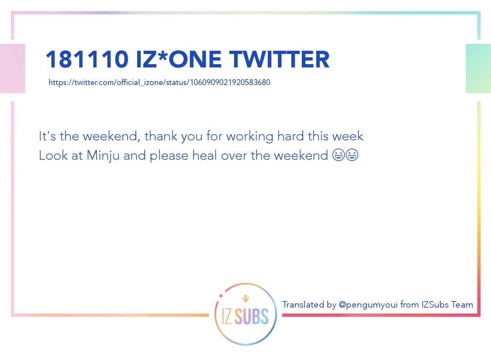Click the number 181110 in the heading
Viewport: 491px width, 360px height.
pyautogui.click(x=87, y=59)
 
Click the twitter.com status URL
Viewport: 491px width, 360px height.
pyautogui.click(x=159, y=82)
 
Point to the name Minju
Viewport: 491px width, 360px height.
pyautogui.click(x=103, y=156)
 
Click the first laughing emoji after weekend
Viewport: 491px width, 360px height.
pyautogui.click(x=338, y=155)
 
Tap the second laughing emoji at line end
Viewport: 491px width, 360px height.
pyautogui.click(x=352, y=155)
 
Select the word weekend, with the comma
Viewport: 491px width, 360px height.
pyautogui.click(x=112, y=136)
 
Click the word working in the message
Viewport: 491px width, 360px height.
pyautogui.click(x=250, y=137)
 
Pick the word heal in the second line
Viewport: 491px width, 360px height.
pyautogui.click(x=205, y=155)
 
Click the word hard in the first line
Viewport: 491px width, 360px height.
pyautogui.click(x=291, y=136)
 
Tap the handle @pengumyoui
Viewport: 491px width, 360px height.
pyautogui.click(x=368, y=305)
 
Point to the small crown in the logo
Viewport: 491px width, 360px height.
pyautogui.click(x=245, y=298)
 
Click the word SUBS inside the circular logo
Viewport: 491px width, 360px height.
pyautogui.click(x=251, y=316)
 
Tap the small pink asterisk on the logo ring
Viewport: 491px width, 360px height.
pyautogui.click(x=221, y=296)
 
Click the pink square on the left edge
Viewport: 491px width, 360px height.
pyautogui.click(x=13, y=68)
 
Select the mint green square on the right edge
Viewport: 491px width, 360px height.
pyautogui.click(x=478, y=68)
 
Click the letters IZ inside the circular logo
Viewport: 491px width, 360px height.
pyautogui.click(x=227, y=316)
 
